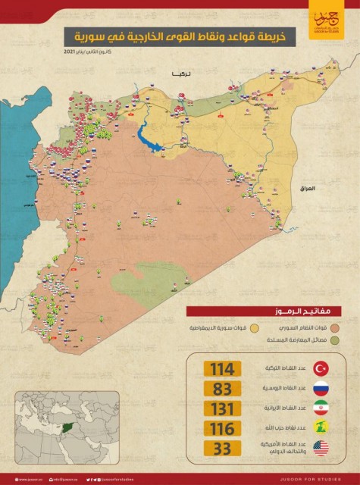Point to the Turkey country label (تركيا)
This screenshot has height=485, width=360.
tap(182, 74)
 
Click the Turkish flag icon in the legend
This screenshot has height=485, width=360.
tap(321, 369)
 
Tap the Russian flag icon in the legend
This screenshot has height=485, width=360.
tap(321, 390)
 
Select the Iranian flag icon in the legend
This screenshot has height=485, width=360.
tap(321, 410)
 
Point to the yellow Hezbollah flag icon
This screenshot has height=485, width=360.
tap(321, 430)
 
